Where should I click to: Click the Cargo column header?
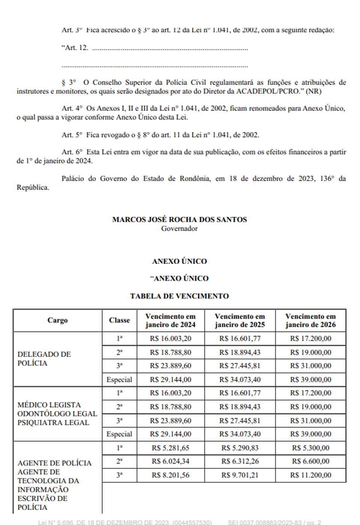(57, 320)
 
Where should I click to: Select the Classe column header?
(119, 320)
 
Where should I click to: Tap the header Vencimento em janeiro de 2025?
(240, 321)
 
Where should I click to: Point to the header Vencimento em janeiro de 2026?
(310, 321)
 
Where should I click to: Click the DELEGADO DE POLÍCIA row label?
(44, 358)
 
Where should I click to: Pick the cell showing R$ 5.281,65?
(170, 448)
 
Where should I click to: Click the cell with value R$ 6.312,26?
(240, 461)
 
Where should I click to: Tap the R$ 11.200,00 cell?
(310, 475)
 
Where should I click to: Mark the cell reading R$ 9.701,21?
(240, 475)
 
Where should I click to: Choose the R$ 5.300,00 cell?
(310, 448)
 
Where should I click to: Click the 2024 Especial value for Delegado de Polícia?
(170, 379)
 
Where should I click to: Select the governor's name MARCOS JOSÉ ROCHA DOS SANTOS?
(179, 220)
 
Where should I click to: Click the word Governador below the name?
(179, 228)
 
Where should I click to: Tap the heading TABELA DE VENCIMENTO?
(179, 296)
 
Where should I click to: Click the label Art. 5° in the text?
(72, 135)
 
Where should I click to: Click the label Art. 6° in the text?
(72, 152)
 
